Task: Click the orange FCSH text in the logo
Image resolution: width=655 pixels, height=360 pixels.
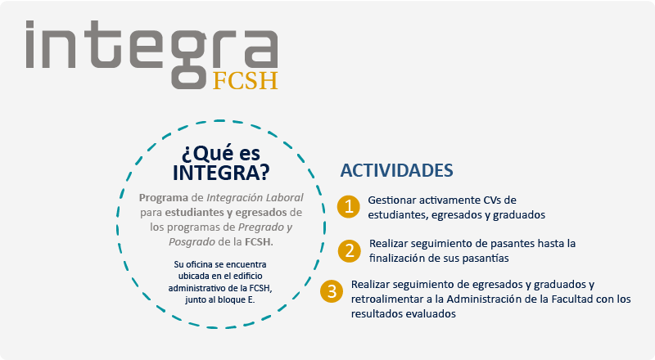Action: click(245, 81)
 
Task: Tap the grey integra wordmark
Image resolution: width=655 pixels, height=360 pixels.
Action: click(151, 54)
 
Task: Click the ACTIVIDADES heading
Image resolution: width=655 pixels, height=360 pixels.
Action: click(396, 170)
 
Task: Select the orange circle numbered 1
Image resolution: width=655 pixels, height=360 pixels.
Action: click(349, 207)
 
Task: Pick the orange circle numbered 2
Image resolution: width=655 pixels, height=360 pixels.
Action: click(350, 251)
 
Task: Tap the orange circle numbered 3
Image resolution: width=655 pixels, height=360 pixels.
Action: click(332, 291)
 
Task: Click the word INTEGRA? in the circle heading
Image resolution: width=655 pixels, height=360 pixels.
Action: click(221, 173)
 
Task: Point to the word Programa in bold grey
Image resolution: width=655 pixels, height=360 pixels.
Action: click(164, 197)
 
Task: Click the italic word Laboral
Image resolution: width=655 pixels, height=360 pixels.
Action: click(285, 197)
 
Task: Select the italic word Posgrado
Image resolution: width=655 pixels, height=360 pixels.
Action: click(192, 242)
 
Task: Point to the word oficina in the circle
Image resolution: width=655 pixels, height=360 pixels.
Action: click(198, 264)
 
